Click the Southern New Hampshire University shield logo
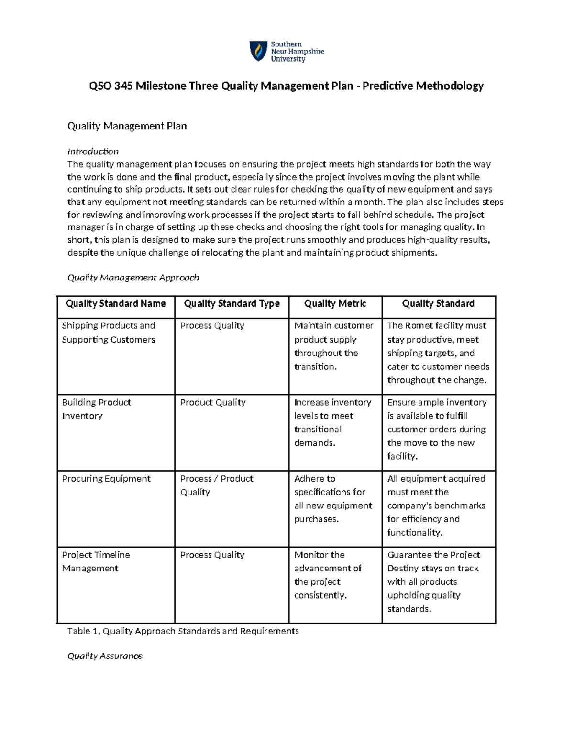point(259,51)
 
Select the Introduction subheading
point(93,151)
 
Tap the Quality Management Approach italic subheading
point(133,278)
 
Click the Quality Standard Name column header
point(116,304)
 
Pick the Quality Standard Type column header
point(232,304)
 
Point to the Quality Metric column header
point(335,304)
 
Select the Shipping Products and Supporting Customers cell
point(109,333)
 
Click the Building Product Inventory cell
point(96,409)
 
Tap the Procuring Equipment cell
point(106,479)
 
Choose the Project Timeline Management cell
point(96,561)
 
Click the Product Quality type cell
point(213,403)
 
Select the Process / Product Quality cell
point(216,485)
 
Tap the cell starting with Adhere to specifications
point(332,499)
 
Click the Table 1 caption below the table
point(183,631)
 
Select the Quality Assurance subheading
point(105,656)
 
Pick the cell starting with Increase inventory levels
point(332,422)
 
